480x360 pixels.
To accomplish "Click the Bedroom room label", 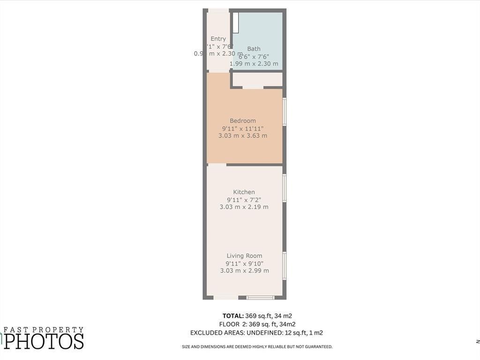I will pyautogui.click(x=243, y=121).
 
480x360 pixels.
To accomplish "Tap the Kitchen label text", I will pyautogui.click(x=244, y=192).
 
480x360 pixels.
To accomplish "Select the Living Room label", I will pyautogui.click(x=244, y=256).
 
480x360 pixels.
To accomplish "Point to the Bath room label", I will pyautogui.click(x=254, y=49).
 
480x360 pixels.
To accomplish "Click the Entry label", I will pyautogui.click(x=218, y=39).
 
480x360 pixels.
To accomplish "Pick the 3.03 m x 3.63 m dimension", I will pyautogui.click(x=243, y=136).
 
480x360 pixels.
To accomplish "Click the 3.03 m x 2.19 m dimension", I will pyautogui.click(x=244, y=207).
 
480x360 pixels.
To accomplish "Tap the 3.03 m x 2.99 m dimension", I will pyautogui.click(x=244, y=271).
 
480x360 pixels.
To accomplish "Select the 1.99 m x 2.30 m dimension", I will pyautogui.click(x=254, y=64).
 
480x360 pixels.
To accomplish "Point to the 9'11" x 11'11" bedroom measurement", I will pyautogui.click(x=243, y=128).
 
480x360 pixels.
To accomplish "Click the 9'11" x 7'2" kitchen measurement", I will pyautogui.click(x=244, y=200).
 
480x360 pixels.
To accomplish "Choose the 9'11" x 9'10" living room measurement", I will pyautogui.click(x=244, y=263).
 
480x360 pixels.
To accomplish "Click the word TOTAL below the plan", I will pyautogui.click(x=233, y=316).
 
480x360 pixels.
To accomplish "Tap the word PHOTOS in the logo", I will pyautogui.click(x=44, y=341).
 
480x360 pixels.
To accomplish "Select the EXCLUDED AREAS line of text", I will pyautogui.click(x=256, y=333).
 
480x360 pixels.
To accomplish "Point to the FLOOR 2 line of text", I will pyautogui.click(x=257, y=324).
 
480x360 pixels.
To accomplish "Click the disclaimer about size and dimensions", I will pyautogui.click(x=257, y=347).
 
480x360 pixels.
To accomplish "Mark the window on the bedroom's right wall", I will pyautogui.click(x=285, y=112).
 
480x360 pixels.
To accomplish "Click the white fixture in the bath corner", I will pyautogui.click(x=236, y=23).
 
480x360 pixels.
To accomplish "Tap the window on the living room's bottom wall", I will pyautogui.click(x=260, y=297).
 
